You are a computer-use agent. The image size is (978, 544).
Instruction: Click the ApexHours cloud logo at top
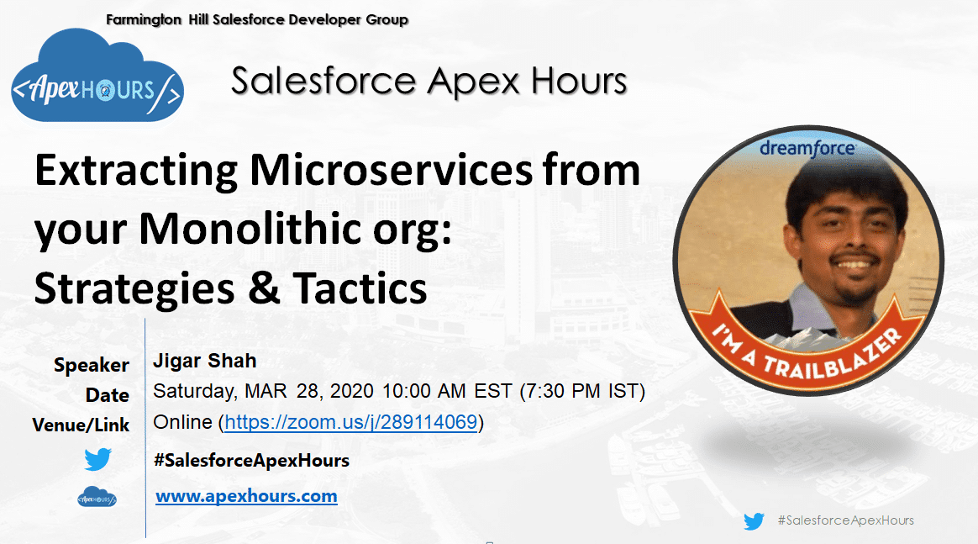click(97, 77)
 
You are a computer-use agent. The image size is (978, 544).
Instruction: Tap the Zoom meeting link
click(351, 422)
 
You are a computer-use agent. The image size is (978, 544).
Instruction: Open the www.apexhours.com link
click(246, 496)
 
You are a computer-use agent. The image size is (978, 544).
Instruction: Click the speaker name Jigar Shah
click(204, 362)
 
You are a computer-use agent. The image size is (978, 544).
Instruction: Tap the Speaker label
click(92, 365)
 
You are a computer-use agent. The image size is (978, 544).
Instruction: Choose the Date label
click(108, 395)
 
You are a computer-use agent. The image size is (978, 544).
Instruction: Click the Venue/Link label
click(81, 425)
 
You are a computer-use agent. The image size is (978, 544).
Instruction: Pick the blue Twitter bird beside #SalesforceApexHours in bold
click(97, 460)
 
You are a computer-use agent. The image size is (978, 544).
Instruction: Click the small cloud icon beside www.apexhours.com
click(97, 497)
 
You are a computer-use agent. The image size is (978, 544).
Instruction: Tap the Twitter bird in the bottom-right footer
click(754, 521)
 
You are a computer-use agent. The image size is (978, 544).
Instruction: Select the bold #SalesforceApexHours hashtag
click(251, 460)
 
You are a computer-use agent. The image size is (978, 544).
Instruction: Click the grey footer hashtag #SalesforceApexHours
click(845, 520)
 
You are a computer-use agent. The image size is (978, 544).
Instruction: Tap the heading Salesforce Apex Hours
click(429, 82)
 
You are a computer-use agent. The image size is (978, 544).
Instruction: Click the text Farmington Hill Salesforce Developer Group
click(257, 19)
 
